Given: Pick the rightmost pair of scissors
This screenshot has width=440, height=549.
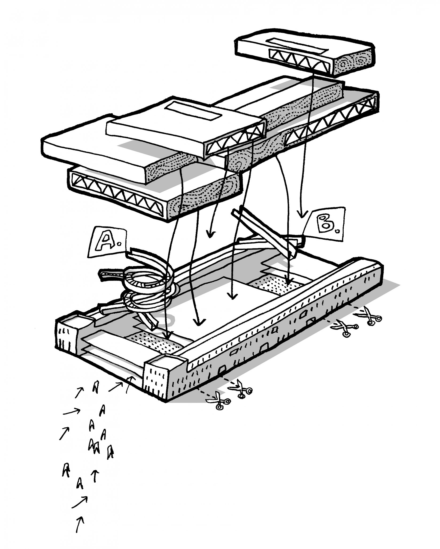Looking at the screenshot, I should (370, 316).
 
